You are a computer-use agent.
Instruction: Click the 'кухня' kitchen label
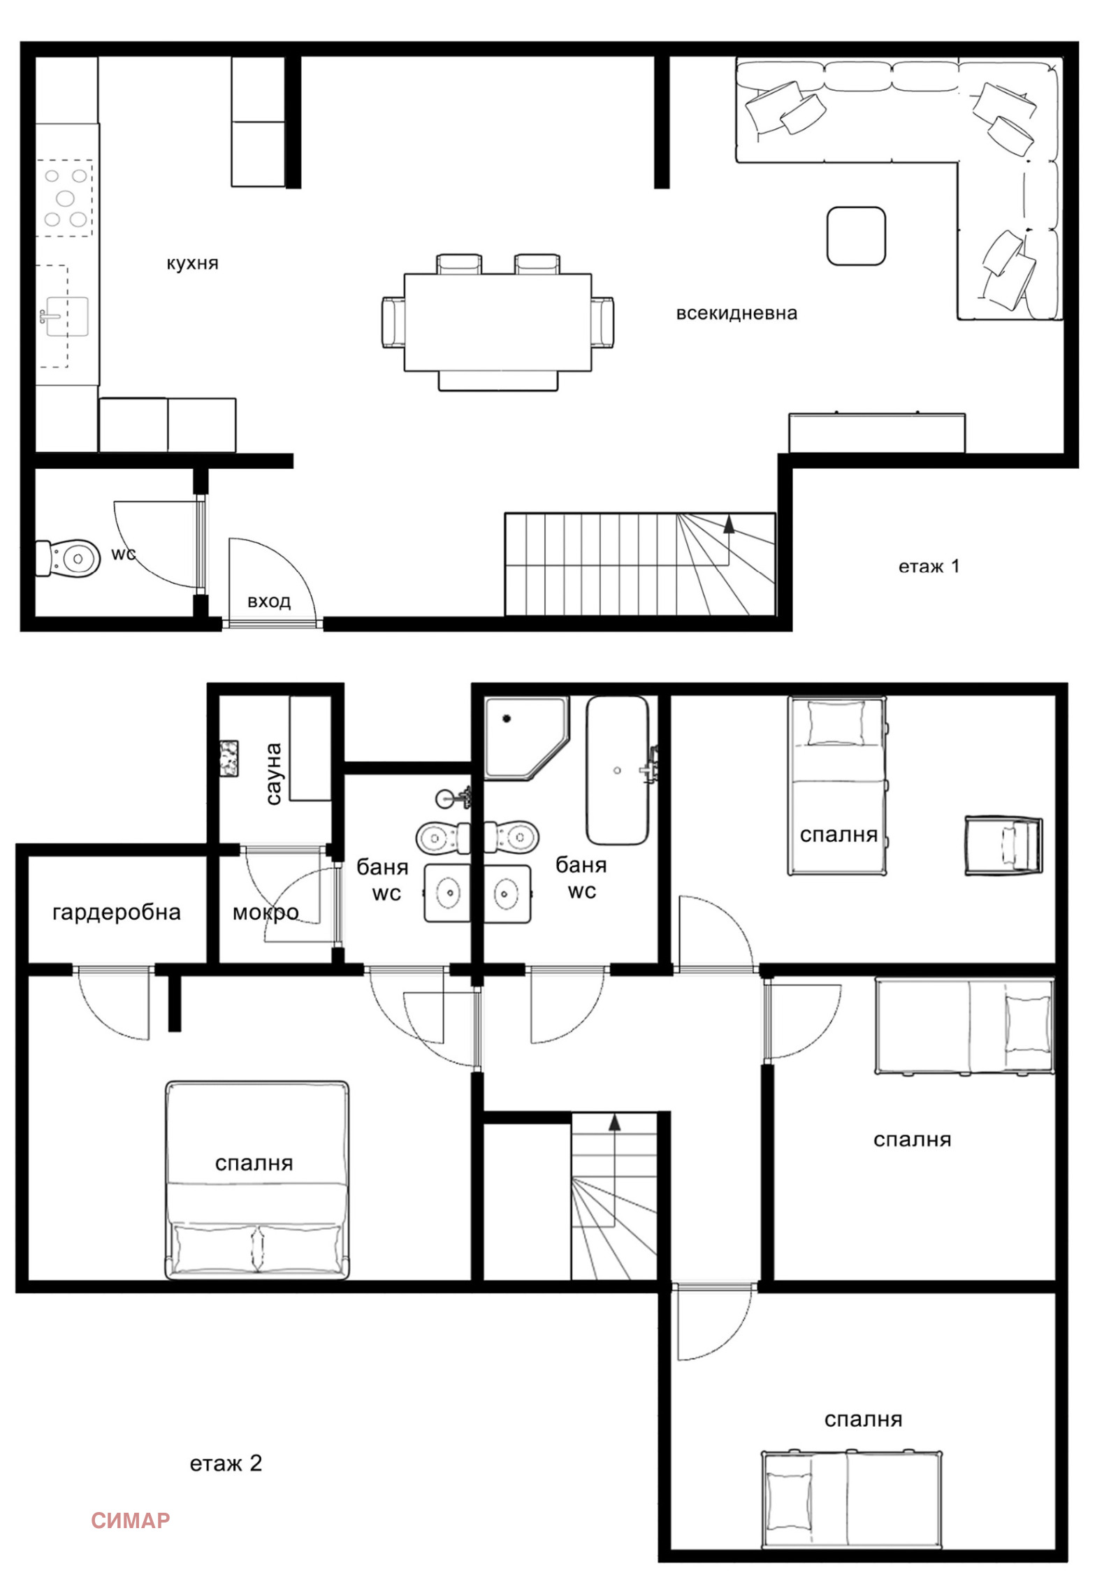(x=192, y=263)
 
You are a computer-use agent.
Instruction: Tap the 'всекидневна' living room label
(x=736, y=313)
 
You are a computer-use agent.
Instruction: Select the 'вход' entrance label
(x=269, y=601)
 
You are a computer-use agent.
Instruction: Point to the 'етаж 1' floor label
(x=929, y=566)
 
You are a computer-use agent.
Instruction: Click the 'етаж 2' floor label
(x=226, y=1463)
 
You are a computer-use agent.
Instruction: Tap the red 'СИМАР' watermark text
(x=131, y=1520)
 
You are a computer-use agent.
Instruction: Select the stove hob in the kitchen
(x=65, y=198)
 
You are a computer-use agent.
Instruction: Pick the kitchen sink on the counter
(x=67, y=317)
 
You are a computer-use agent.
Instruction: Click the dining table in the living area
(x=498, y=322)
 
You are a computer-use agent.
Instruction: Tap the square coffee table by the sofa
(x=856, y=236)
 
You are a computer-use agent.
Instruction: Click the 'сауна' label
(x=273, y=773)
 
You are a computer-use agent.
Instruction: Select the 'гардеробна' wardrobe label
(x=117, y=913)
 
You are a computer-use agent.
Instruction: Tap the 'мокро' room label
(x=266, y=913)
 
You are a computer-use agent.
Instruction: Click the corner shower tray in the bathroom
(x=527, y=738)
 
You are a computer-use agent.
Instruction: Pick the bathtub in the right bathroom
(x=618, y=770)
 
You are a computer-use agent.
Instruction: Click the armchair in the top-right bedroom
(x=1003, y=845)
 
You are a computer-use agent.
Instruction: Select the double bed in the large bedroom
(x=257, y=1180)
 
